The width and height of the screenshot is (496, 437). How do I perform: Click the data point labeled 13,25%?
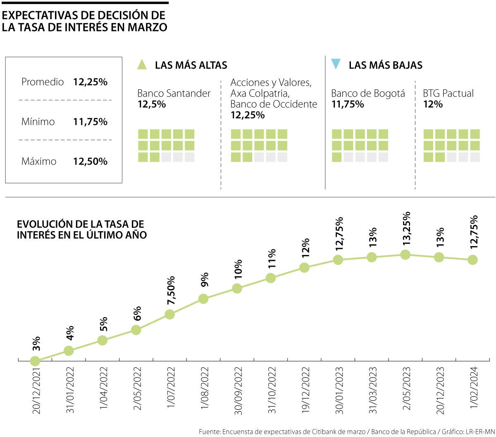405,255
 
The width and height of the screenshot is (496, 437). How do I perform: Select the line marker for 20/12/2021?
35,361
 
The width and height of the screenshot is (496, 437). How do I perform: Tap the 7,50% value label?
171,291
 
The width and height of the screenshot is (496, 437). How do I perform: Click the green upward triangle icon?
142,64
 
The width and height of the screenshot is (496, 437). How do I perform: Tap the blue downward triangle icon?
336,64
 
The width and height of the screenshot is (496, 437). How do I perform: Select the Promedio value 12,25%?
90,82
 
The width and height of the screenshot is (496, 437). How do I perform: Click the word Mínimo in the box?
38,122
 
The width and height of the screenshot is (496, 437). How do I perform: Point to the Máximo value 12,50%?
90,161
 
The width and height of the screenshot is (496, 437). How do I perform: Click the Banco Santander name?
174,94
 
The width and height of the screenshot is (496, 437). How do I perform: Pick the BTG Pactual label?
448,93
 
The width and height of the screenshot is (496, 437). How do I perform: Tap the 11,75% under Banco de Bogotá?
348,104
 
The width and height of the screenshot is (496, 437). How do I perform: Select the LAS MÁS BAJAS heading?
385,65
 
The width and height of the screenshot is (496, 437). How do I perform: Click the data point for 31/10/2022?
271,278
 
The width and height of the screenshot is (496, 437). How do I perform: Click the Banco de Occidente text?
274,104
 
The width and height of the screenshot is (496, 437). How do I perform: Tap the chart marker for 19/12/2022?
304,267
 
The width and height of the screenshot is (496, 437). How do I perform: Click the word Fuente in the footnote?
209,432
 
